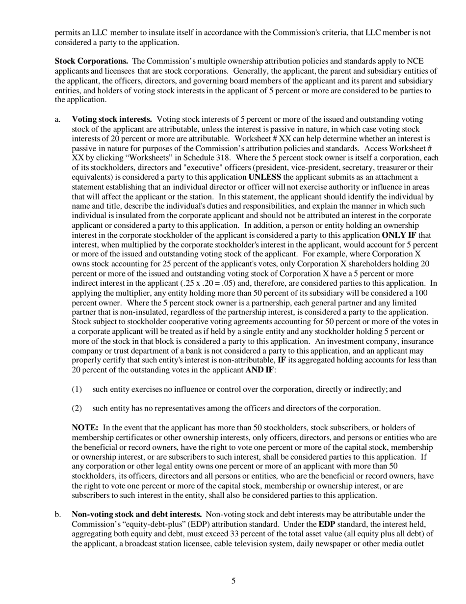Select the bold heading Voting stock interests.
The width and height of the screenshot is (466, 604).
coord(112,119)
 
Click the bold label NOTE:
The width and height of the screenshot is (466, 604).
coord(85,428)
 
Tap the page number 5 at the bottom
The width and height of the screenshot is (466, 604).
coord(233,581)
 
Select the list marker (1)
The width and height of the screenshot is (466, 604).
coord(77,389)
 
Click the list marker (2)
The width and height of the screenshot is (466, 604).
coord(77,409)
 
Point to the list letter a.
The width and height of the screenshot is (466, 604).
coord(57,119)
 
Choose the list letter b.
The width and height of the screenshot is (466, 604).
coord(58,515)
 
